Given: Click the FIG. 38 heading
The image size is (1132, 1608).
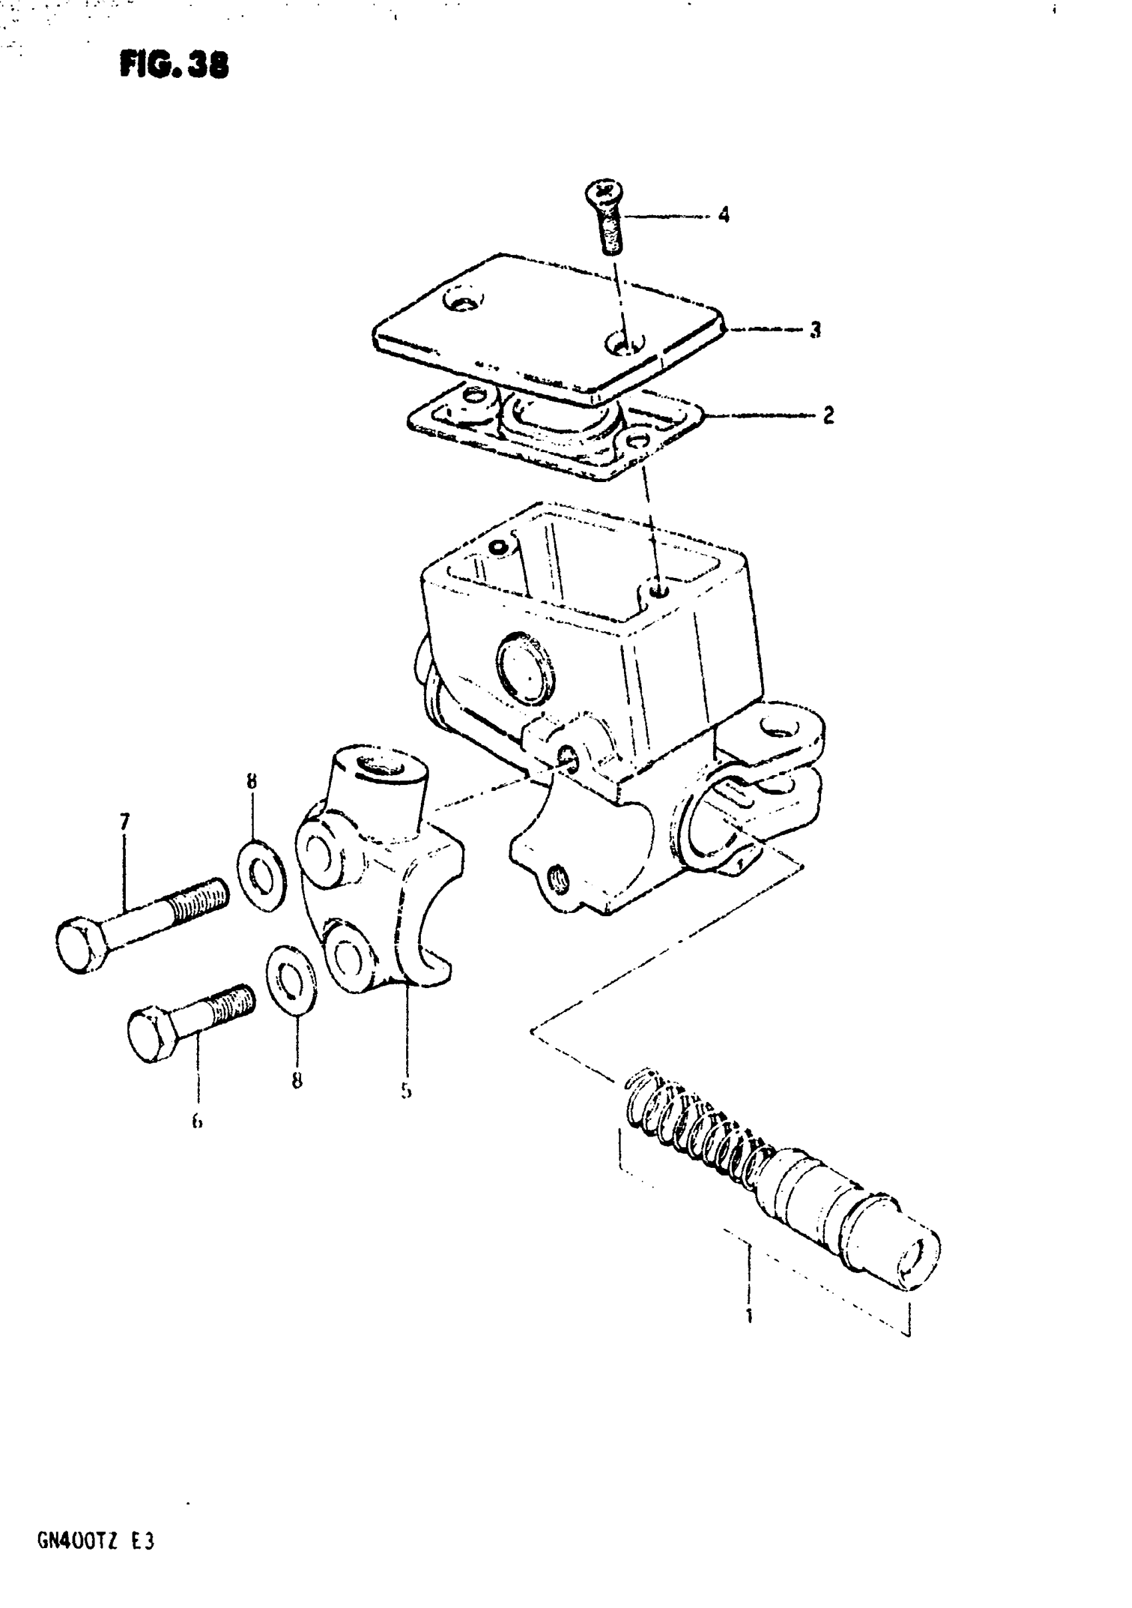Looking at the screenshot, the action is [174, 66].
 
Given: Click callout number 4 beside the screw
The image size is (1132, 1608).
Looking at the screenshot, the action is [724, 214].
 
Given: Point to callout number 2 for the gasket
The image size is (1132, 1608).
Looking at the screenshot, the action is [828, 415].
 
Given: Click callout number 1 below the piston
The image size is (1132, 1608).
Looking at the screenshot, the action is [749, 1315].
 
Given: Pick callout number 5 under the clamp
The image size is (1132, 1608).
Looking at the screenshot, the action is [406, 1091].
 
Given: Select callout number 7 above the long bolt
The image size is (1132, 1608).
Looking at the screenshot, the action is [125, 822].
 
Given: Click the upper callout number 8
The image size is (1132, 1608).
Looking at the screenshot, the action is [252, 781].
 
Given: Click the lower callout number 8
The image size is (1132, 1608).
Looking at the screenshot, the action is [297, 1081].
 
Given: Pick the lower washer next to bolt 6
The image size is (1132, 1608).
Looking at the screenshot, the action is [292, 979].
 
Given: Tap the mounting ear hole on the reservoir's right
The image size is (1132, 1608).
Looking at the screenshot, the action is [778, 731].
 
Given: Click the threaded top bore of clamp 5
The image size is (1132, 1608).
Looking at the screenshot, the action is [382, 766].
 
